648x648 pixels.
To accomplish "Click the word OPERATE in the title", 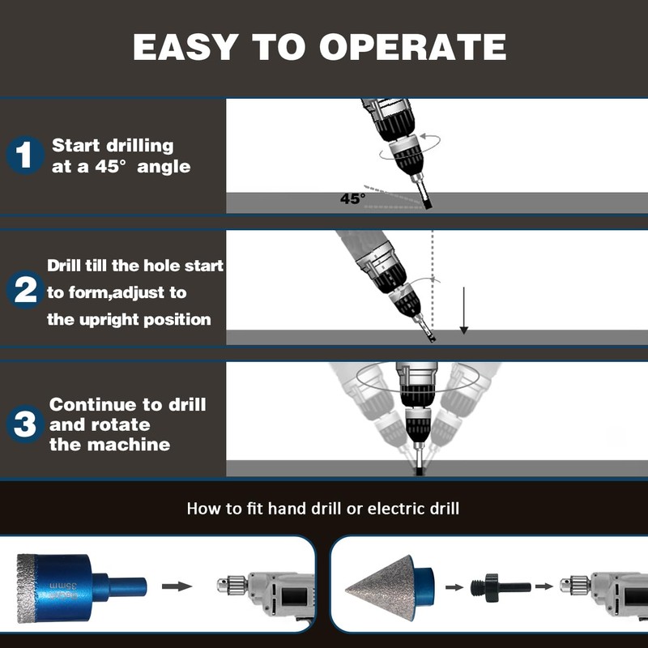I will tap(412, 47).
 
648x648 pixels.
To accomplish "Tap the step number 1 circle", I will tap(25, 155).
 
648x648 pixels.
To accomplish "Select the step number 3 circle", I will tap(25, 424).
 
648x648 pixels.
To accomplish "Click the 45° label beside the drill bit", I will tap(352, 198).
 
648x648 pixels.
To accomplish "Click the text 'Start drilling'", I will tap(113, 146).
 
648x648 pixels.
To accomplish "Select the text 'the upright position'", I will tap(129, 319).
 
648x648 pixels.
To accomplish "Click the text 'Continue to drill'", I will tap(128, 404).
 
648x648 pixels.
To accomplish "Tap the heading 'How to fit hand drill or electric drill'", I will tap(323, 509).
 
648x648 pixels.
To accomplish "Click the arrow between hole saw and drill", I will tap(177, 586).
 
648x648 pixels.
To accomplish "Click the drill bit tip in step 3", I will tap(417, 469).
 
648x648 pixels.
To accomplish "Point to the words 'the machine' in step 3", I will tap(109, 445).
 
